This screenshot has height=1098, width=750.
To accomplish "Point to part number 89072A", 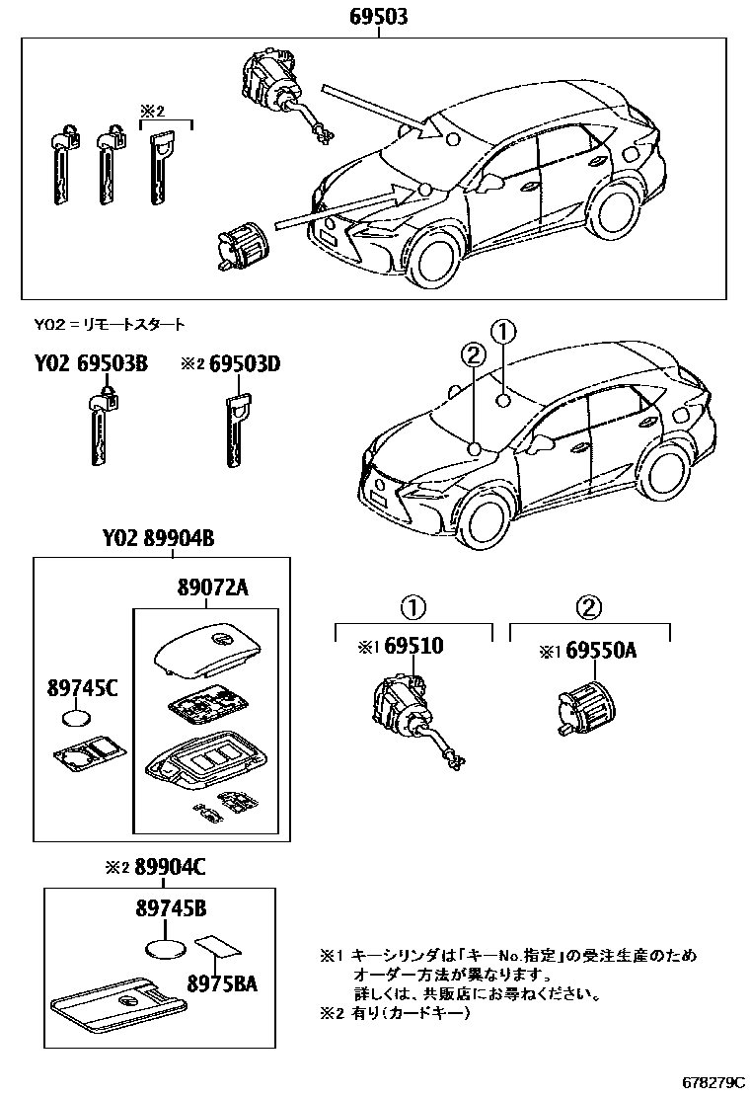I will (x=212, y=588).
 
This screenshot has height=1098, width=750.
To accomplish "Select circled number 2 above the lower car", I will (x=473, y=354).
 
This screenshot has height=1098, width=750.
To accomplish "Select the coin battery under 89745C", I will (x=78, y=719).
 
